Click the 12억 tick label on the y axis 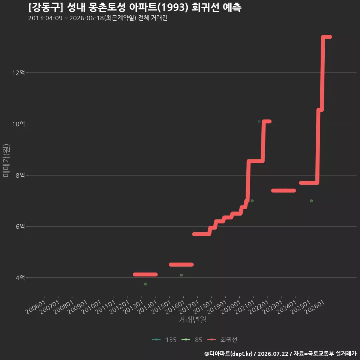coord(19,73)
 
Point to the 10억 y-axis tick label coord(19,124)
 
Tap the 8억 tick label coord(20,175)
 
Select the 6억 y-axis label coord(20,226)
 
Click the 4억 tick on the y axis coord(20,278)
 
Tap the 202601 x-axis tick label coord(315,307)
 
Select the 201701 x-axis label coord(189,307)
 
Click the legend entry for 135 coord(164,340)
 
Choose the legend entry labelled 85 coord(192,340)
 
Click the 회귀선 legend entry coord(222,340)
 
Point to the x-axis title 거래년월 coord(192,319)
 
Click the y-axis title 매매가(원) coord(6,161)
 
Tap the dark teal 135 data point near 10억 coord(259,121)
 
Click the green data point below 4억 coord(145,284)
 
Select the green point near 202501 coord(311,201)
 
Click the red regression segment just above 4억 coord(145,274)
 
